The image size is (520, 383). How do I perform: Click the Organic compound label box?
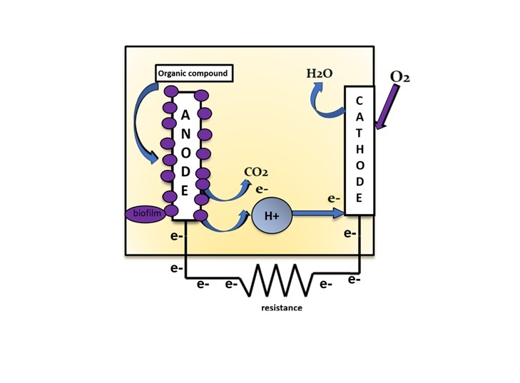(192, 73)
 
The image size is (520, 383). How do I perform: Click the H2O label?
(319, 73)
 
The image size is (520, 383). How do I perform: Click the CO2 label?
(255, 172)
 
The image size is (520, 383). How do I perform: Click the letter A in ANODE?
(184, 116)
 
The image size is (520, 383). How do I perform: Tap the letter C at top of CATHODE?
(359, 101)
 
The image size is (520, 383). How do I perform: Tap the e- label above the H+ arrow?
(332, 198)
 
